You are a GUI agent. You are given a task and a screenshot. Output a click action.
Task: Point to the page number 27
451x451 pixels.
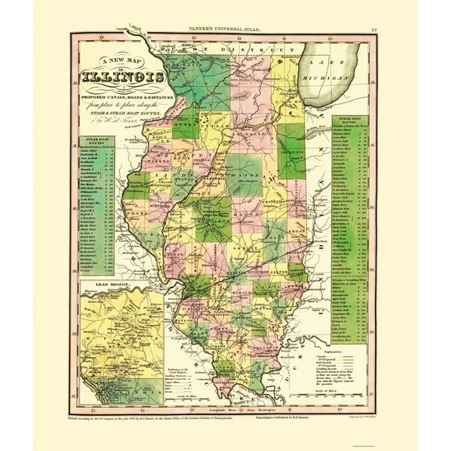(377, 30)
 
